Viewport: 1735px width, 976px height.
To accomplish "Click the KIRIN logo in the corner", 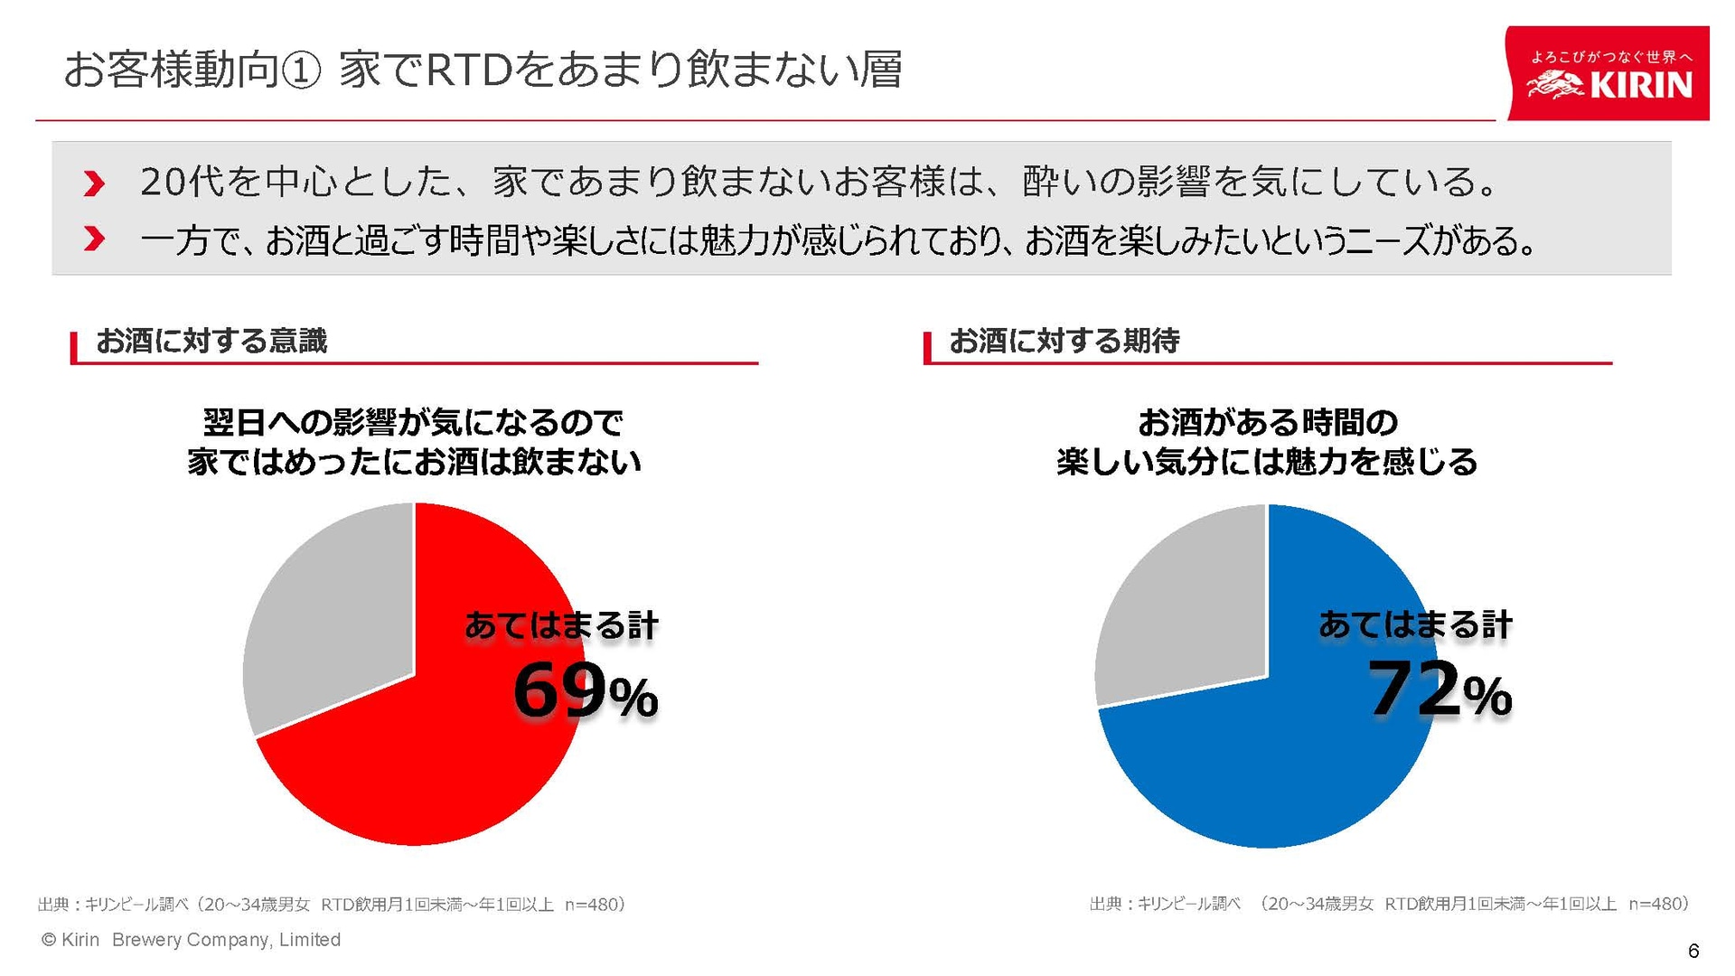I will click(x=1608, y=74).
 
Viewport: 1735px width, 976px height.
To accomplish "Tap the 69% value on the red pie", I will click(x=585, y=692).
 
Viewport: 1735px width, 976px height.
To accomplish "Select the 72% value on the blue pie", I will click(x=1439, y=690).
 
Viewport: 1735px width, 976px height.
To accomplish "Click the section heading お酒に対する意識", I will click(x=211, y=341).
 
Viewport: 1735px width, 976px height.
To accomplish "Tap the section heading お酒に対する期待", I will click(x=1064, y=341).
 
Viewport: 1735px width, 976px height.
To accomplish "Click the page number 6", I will click(x=1693, y=950).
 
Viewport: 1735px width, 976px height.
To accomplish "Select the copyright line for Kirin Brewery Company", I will click(x=192, y=940).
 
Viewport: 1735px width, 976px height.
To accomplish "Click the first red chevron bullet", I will click(x=94, y=183).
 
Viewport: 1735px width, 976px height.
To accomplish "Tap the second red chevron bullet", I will click(x=94, y=239).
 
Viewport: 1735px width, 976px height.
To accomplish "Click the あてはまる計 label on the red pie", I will click(x=561, y=625).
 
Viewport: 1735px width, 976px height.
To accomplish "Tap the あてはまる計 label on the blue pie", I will click(x=1415, y=624).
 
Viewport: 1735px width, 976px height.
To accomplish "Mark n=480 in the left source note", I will click(x=594, y=905).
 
